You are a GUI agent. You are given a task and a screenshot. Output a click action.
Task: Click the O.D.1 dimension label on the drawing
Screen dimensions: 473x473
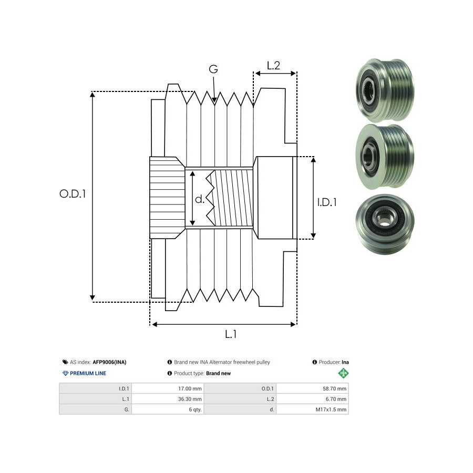[x=73, y=193]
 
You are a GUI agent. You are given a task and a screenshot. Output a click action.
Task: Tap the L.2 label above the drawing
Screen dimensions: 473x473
[x=273, y=66]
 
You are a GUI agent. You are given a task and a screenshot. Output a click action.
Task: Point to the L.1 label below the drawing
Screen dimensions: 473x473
[x=231, y=334]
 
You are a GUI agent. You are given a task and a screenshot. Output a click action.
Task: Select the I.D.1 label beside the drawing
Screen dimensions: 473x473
[x=327, y=202]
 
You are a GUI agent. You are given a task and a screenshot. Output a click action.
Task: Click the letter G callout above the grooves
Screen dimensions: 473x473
[x=213, y=69]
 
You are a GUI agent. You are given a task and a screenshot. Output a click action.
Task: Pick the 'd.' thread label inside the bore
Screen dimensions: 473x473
[x=200, y=199]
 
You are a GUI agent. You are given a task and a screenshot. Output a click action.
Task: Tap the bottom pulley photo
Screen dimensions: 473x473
[x=383, y=225]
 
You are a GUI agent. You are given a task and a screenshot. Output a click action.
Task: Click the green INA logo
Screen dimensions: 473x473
[x=343, y=373]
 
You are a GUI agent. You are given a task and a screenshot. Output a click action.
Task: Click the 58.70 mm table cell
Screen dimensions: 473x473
[x=335, y=389]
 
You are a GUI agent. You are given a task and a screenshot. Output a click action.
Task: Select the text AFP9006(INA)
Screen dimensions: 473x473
[x=109, y=362]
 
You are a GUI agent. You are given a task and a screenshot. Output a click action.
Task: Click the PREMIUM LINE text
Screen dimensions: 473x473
[x=88, y=373]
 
